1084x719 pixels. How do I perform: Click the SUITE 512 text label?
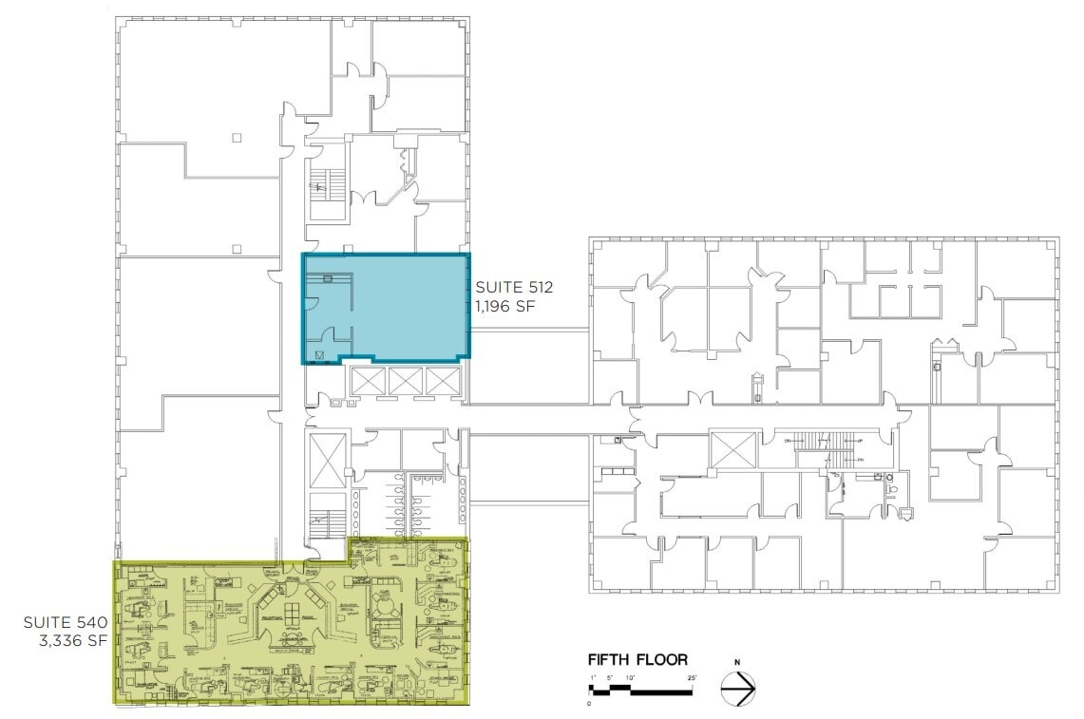tap(514, 286)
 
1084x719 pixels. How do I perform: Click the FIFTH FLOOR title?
tap(637, 659)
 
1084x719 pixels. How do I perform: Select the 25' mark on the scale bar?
tap(693, 676)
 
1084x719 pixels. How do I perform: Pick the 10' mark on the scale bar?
tap(629, 676)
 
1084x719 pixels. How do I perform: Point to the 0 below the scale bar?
tap(589, 704)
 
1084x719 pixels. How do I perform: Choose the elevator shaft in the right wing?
tap(733, 448)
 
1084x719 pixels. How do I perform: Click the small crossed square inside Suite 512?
tap(320, 355)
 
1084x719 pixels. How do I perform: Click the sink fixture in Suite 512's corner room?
tap(328, 277)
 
